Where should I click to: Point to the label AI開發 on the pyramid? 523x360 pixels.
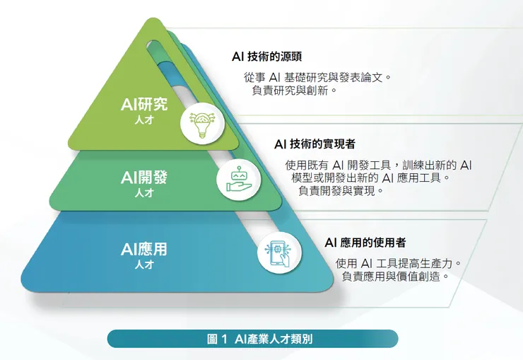[144, 177]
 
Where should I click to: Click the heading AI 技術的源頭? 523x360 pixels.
[271, 57]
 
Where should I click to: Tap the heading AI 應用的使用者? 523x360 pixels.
[365, 243]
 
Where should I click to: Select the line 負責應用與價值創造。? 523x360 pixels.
[396, 277]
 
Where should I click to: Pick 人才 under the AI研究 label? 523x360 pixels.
[144, 121]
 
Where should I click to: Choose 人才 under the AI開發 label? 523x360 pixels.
[144, 192]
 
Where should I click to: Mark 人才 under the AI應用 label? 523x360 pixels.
[144, 265]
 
